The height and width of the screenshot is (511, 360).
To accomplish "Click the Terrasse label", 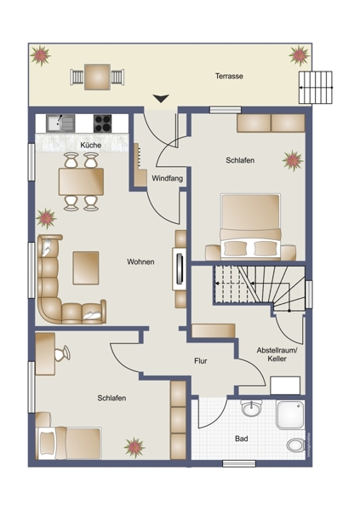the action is click(229, 77).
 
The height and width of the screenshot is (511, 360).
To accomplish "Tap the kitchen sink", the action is click(60, 123).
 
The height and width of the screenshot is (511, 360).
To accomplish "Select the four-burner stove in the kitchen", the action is click(102, 123).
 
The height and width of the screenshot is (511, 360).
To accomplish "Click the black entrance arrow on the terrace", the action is click(161, 99).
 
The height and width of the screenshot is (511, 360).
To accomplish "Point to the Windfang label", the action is click(167, 179).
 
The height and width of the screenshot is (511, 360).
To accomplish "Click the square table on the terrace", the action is click(97, 78).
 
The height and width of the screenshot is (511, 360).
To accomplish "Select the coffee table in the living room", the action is click(86, 268).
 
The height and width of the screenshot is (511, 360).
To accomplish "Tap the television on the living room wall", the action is click(180, 269).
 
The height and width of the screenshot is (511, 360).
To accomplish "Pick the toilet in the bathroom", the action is click(296, 445).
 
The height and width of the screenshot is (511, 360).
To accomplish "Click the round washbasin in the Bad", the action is click(252, 408).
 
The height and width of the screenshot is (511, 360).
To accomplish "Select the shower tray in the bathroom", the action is click(290, 415).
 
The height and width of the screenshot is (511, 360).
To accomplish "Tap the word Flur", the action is click(200, 361).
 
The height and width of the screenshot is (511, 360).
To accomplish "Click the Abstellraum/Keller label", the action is click(277, 354).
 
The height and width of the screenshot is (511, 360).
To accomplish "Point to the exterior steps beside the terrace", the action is click(316, 88).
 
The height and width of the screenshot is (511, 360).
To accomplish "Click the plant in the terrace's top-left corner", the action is click(41, 55).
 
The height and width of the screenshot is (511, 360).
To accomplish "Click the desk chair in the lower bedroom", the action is click(62, 353).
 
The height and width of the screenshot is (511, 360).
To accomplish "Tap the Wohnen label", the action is click(140, 261).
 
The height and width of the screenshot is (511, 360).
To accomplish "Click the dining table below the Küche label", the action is click(81, 181).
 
